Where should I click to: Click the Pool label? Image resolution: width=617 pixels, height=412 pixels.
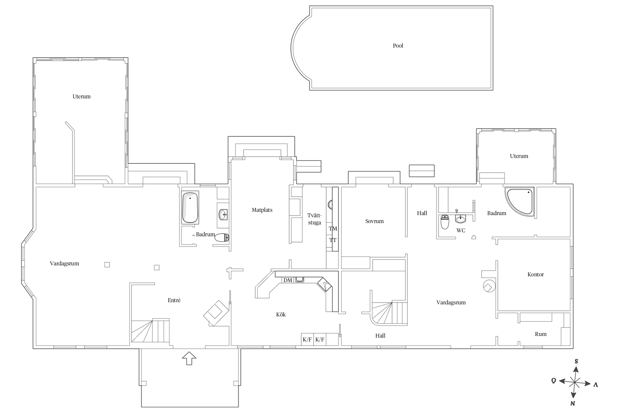click(398, 46)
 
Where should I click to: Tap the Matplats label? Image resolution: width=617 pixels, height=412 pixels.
click(262, 210)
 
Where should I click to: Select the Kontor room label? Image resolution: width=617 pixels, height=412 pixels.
click(536, 274)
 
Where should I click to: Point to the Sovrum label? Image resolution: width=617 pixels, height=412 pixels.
click(374, 221)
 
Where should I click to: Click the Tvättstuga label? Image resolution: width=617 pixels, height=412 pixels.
click(314, 219)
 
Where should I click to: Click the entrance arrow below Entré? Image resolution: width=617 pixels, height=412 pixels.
click(189, 358)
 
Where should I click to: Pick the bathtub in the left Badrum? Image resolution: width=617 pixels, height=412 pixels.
click(190, 208)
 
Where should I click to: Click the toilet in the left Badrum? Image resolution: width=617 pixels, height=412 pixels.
click(222, 238)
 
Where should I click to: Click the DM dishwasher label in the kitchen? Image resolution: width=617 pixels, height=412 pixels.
click(288, 280)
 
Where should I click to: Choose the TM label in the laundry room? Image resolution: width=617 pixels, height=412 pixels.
click(333, 229)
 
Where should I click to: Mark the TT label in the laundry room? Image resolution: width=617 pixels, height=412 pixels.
click(333, 240)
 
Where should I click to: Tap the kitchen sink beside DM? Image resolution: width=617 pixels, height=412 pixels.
click(299, 280)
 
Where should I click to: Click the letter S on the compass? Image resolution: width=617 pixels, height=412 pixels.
click(576, 361)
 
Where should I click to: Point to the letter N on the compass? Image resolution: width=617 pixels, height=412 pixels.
click(573, 403)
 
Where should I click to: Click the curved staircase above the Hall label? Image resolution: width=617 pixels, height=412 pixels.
click(389, 313)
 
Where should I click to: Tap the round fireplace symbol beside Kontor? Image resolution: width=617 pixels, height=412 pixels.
click(489, 286)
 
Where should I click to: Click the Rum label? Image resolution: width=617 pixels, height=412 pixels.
click(540, 334)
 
